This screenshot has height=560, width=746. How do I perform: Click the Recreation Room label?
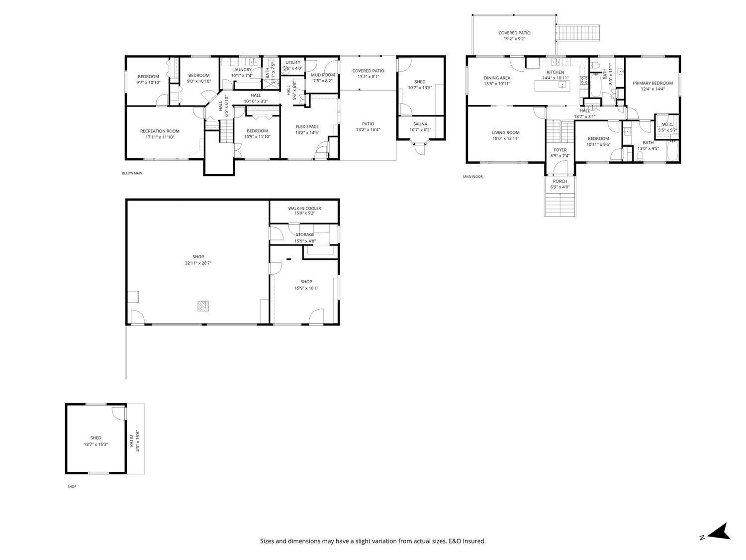click(160, 131)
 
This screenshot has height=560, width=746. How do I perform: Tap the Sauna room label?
click(420, 124)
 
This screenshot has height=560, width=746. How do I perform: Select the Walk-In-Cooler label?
click(304, 208)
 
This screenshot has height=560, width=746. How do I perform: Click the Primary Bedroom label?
click(653, 83)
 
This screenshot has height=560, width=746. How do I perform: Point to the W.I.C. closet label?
click(667, 124)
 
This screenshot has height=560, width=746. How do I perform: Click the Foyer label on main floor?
click(560, 150)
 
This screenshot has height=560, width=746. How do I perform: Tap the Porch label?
click(560, 181)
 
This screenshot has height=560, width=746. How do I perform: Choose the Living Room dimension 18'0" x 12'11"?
click(506, 138)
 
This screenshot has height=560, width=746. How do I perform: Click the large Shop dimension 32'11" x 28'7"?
click(198, 263)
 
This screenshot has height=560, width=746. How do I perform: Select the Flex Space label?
click(307, 126)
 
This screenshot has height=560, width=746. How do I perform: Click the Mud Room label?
click(323, 75)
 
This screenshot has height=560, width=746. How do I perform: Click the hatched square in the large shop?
click(203, 306)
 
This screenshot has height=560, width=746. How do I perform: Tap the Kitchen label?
click(555, 72)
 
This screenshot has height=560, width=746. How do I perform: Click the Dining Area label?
click(497, 78)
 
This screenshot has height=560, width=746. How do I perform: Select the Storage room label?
click(305, 234)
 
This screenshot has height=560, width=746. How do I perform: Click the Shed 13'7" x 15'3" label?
click(95, 438)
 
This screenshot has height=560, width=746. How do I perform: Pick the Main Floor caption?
click(472, 177)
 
